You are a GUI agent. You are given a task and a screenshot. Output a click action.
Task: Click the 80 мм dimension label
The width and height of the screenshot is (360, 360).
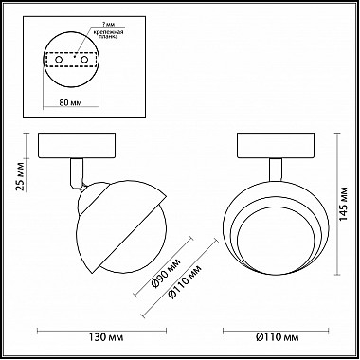pos(71,102)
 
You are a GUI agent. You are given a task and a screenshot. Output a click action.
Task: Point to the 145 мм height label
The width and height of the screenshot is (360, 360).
pos(343,205)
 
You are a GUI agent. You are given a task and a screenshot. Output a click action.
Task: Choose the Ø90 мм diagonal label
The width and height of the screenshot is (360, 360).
pos(167,274)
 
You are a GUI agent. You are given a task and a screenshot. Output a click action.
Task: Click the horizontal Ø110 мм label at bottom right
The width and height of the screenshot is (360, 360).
pos(277,337)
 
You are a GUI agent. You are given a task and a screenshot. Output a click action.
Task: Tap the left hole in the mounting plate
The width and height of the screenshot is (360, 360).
pos(59,60)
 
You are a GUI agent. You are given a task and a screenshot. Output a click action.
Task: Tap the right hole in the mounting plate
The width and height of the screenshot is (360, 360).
pos(84,60)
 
